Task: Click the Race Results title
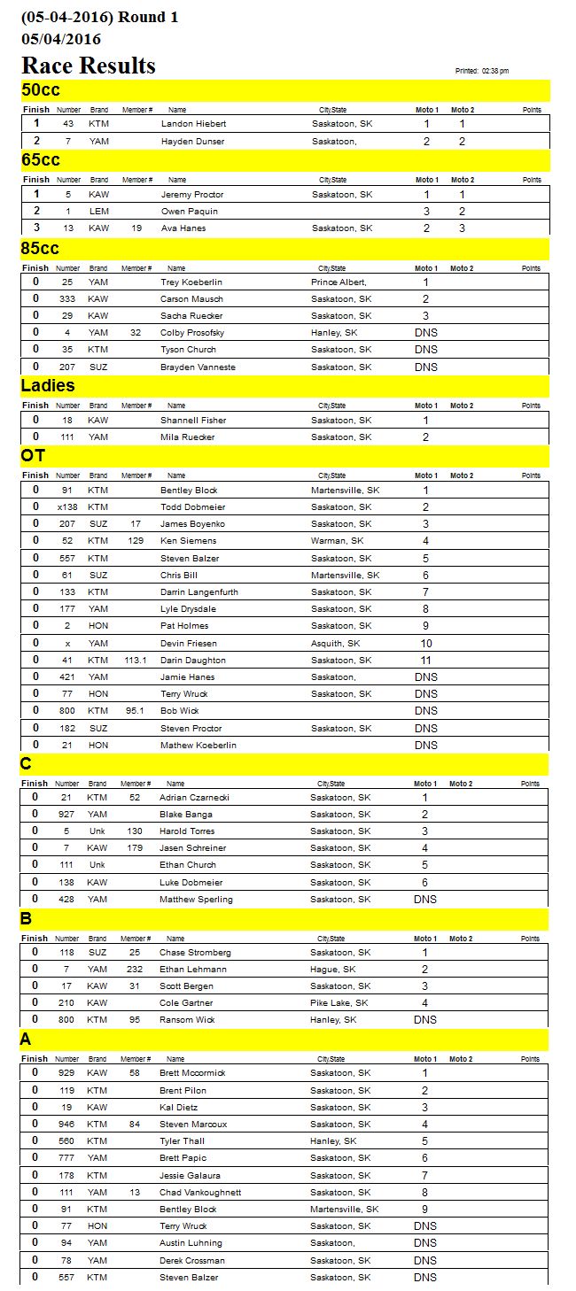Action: (x=89, y=66)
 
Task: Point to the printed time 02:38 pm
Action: (x=494, y=71)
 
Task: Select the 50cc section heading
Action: (x=41, y=90)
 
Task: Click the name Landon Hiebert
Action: (x=192, y=124)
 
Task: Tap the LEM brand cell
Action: (x=98, y=212)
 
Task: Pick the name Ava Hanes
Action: (x=183, y=228)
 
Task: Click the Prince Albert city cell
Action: (x=339, y=282)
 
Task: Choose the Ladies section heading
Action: (x=48, y=386)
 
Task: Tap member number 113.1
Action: (x=136, y=661)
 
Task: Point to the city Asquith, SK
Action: (x=335, y=644)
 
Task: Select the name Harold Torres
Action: (x=187, y=831)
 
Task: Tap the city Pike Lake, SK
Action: (x=339, y=1003)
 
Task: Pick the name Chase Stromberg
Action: (x=195, y=953)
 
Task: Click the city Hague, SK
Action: (x=332, y=970)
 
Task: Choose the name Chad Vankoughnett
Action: (x=200, y=1193)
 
